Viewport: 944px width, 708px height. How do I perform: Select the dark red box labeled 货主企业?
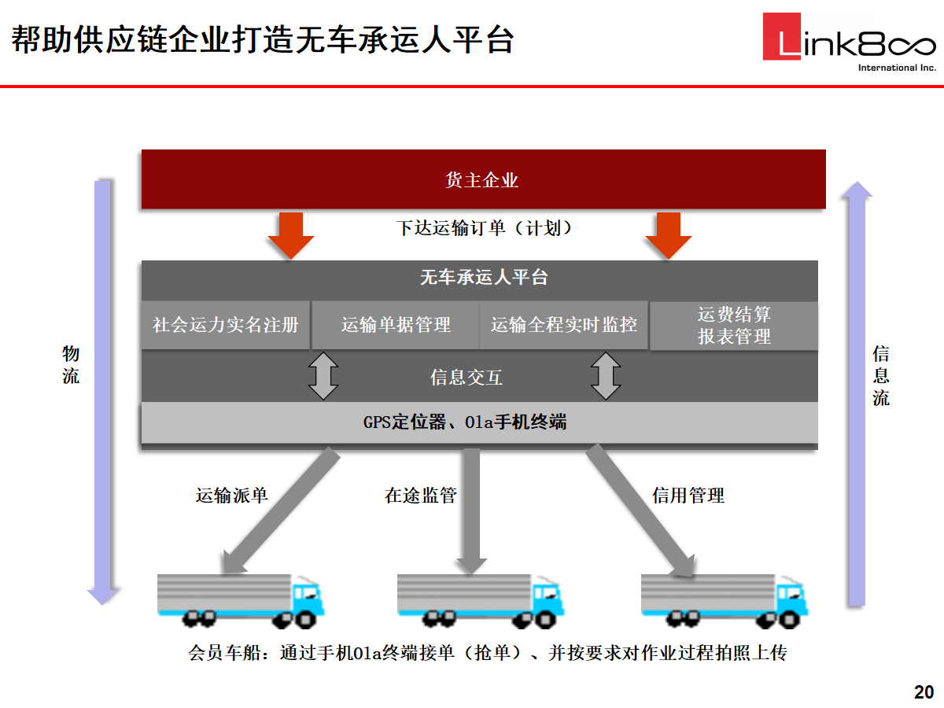click(x=483, y=179)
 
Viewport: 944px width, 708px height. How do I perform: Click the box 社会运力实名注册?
click(x=226, y=324)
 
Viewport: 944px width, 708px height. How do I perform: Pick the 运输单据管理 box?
click(x=396, y=324)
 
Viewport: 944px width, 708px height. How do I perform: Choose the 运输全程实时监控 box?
click(x=564, y=324)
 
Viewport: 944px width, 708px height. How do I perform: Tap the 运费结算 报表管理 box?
click(x=734, y=326)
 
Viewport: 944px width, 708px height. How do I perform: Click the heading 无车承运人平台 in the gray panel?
click(x=483, y=277)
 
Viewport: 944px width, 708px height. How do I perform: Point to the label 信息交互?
click(x=466, y=378)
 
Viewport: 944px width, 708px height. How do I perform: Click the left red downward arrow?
click(x=290, y=234)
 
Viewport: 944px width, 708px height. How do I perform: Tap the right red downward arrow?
click(x=668, y=234)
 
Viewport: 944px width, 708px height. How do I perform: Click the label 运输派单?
click(x=232, y=495)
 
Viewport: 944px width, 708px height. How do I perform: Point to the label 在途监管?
click(x=421, y=495)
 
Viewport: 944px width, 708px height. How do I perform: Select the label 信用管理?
click(x=688, y=495)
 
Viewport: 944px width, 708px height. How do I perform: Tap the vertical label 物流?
click(x=71, y=365)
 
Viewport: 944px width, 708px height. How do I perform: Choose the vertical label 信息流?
click(x=881, y=376)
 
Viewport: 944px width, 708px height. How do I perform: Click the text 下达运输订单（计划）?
click(x=484, y=228)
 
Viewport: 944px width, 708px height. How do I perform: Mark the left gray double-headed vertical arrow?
click(x=323, y=377)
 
